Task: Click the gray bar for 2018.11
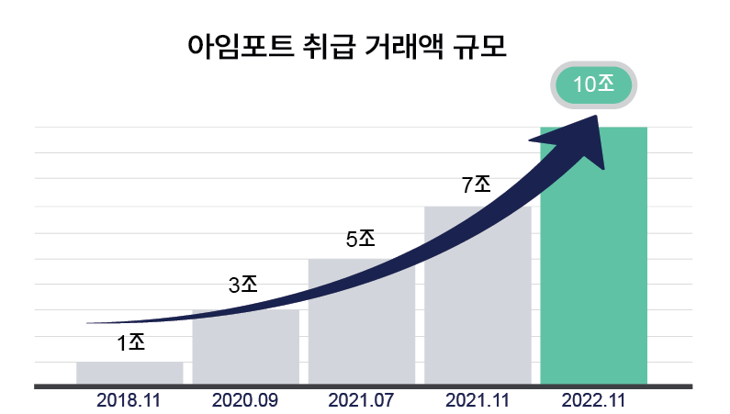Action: tap(129, 373)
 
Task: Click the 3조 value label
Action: tap(243, 285)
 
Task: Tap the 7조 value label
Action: tap(477, 185)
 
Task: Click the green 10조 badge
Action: tap(592, 84)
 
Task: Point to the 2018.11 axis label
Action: tap(129, 401)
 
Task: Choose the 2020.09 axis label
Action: tap(245, 401)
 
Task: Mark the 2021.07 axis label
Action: tap(361, 401)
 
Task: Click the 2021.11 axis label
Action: tap(477, 401)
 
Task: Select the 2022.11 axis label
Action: tap(594, 401)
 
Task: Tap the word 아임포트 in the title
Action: tap(238, 46)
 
